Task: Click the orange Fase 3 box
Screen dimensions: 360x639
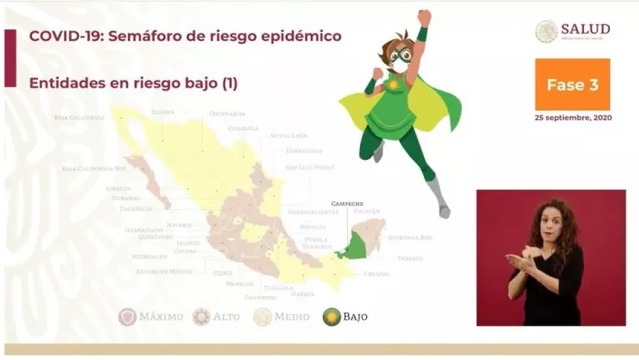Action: [x=572, y=85]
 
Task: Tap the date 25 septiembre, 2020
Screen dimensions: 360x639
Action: [x=573, y=117]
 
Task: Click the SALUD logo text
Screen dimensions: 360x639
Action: [x=585, y=29]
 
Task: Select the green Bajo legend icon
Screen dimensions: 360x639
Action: [x=332, y=317]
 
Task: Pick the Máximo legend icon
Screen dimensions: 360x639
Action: [x=128, y=317]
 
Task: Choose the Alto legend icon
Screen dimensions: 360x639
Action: [x=201, y=317]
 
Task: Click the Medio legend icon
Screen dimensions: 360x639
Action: [x=263, y=317]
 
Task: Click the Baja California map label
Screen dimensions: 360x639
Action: [x=79, y=117]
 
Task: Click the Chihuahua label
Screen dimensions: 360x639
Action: [x=227, y=113]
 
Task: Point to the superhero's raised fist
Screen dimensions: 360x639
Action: [x=424, y=17]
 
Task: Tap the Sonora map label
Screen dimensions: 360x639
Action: [x=163, y=112]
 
